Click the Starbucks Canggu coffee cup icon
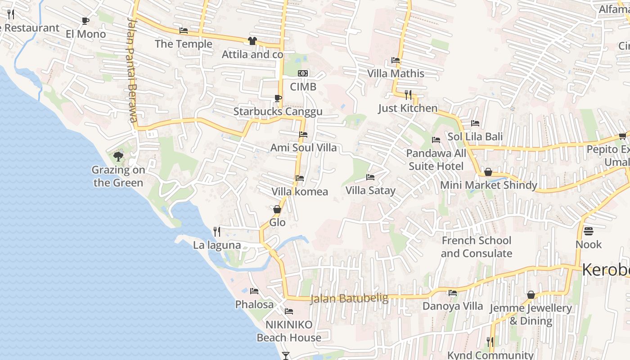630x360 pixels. point(278,98)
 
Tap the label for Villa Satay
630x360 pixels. point(370,190)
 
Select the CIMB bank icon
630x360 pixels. point(303,73)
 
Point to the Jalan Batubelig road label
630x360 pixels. point(349,299)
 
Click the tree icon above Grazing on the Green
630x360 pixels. point(118,157)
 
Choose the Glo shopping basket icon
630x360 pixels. point(277,209)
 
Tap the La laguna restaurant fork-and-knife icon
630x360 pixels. point(217,232)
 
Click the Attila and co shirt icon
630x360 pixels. point(252,41)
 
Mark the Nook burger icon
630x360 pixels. point(589,231)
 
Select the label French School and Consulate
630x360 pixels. point(476,247)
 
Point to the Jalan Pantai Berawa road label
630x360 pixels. point(132,70)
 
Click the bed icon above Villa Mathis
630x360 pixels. point(396,60)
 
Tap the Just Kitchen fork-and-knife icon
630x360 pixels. point(408,94)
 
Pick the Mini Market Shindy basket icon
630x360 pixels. point(488,172)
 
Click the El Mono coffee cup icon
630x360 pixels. point(85,21)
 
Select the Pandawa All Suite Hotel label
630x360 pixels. point(436,160)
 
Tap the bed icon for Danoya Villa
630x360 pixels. point(453,293)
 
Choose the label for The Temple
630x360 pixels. point(184,44)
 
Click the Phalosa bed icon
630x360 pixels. point(254,291)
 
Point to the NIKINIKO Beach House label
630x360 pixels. point(289,331)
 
